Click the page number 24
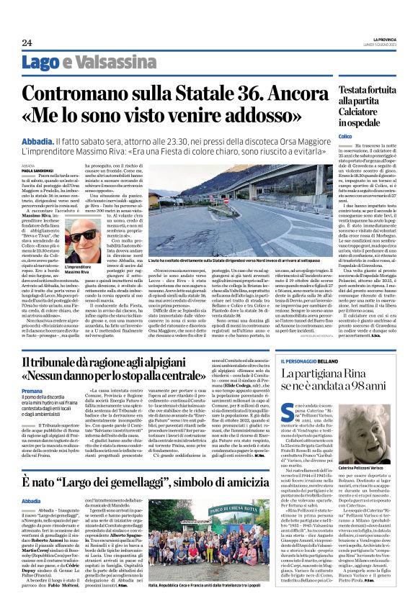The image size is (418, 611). pyautogui.click(x=27, y=42)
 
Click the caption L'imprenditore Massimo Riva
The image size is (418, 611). pyautogui.click(x=81, y=269)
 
